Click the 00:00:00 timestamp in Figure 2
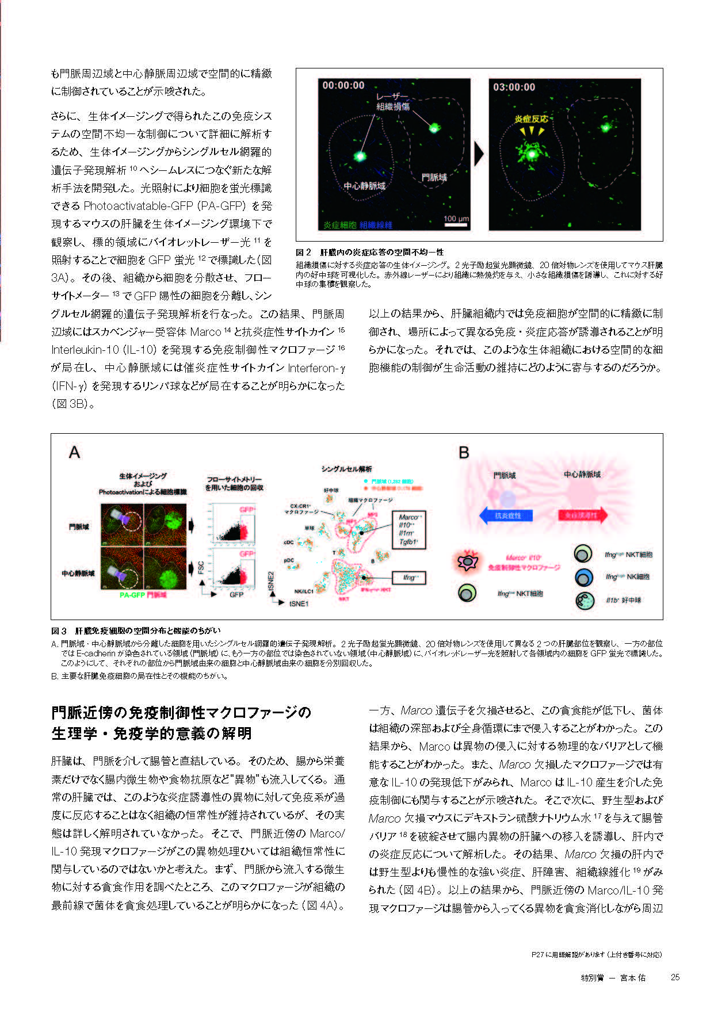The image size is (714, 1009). pos(343,86)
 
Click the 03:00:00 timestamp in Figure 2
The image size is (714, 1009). pos(514,87)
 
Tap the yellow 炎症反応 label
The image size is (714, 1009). pos(530,119)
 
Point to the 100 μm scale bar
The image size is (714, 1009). pos(456,222)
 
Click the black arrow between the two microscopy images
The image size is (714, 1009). pos(479,154)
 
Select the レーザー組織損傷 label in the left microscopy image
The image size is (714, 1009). pos(393,102)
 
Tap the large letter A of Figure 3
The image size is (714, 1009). pos(74,453)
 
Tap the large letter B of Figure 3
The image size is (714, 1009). pos(464,453)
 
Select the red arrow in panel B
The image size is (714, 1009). pos(582,515)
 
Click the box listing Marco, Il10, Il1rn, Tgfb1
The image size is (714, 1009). pos(408,529)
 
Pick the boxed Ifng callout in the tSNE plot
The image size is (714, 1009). pos(408,578)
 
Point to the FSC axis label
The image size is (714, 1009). pos(201,567)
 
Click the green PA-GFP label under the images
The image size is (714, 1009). pos(132,595)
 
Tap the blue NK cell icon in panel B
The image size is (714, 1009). pos(583,577)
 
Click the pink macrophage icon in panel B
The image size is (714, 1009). pos(467,561)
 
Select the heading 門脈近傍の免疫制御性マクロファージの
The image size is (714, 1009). pos(181,713)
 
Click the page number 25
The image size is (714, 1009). pos(675,977)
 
